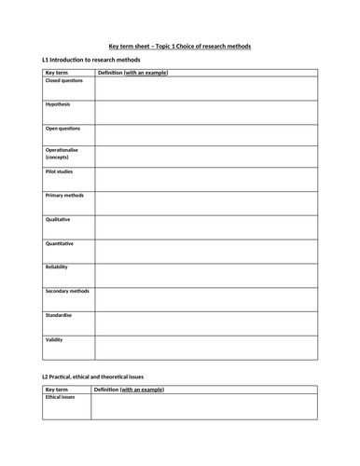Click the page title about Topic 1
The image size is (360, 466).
(x=180, y=47)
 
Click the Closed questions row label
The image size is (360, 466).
(x=64, y=81)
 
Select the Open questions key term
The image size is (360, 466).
(x=63, y=128)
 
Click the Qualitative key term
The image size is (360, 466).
(x=59, y=220)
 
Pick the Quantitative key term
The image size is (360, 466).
(x=60, y=243)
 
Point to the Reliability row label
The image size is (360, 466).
(x=58, y=267)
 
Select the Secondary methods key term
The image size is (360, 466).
(x=68, y=291)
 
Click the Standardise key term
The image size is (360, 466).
(x=60, y=315)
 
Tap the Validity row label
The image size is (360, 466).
(x=55, y=339)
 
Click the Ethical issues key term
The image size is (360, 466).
(x=61, y=397)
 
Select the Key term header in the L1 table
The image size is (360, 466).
(x=57, y=72)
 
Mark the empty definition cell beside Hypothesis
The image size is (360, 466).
(x=205, y=112)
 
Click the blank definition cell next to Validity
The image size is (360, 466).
(x=205, y=347)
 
